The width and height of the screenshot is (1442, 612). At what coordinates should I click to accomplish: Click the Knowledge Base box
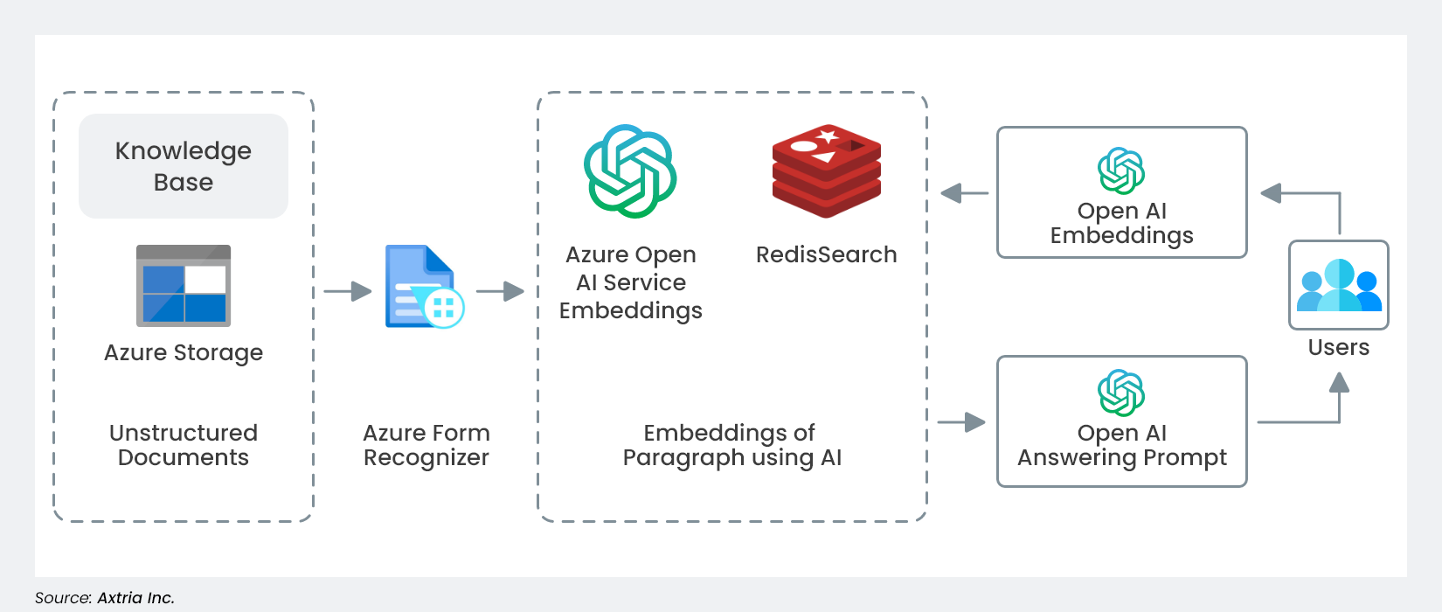[184, 166]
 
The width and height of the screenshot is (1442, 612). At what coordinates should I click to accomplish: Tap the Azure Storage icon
[184, 286]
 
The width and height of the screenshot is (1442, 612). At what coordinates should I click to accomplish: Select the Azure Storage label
[184, 352]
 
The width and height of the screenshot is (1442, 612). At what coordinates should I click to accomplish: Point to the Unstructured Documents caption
[184, 445]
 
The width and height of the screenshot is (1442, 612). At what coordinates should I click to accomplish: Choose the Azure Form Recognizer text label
[426, 445]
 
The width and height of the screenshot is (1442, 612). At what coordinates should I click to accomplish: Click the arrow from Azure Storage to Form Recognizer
[348, 291]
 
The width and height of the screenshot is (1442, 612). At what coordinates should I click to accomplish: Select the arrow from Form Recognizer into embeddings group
[500, 291]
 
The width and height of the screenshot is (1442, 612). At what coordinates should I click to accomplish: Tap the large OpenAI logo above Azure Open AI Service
[630, 171]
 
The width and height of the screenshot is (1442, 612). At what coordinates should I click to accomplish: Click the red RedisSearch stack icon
[827, 171]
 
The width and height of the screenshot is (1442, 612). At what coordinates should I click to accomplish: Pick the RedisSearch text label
[827, 254]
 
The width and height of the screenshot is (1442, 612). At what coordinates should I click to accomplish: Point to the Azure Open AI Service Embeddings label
[631, 282]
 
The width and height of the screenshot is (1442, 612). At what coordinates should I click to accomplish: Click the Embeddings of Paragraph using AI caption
[731, 445]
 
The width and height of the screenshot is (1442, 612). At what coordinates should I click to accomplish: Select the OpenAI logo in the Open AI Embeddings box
[1121, 170]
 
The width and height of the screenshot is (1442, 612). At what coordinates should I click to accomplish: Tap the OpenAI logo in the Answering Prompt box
[1121, 393]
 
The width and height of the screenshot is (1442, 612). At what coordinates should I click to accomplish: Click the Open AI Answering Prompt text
[1122, 445]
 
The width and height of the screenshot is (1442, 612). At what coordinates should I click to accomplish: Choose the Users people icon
[1339, 285]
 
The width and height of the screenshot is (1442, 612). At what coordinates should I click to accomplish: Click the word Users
[1339, 347]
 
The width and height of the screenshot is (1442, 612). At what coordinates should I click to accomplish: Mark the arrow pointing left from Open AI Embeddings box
[964, 193]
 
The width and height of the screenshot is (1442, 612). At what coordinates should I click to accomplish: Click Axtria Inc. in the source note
[135, 598]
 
